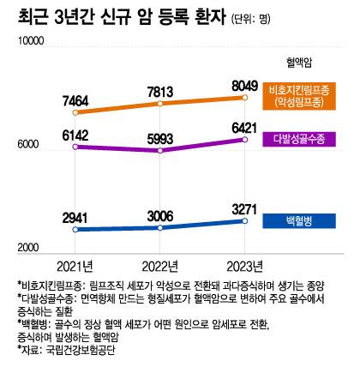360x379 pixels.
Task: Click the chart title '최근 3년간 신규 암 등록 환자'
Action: point(121,18)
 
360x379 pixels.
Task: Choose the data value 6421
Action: point(244,128)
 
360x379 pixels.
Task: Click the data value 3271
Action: point(244,207)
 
